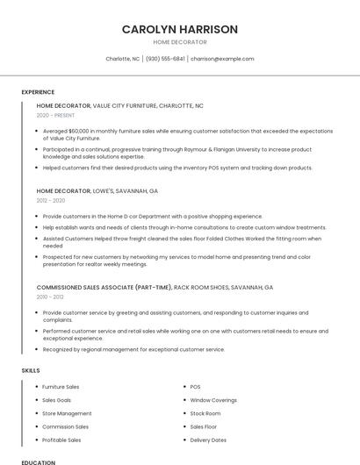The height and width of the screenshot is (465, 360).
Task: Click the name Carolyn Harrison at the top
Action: pos(179,29)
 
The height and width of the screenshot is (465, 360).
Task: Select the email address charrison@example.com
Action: pos(222,59)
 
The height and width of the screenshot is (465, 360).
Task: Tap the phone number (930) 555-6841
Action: pos(165,59)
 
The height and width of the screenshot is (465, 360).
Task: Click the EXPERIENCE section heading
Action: pos(38,91)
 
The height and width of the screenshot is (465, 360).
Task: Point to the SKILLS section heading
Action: pos(31,370)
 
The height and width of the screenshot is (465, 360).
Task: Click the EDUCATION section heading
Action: pos(39,461)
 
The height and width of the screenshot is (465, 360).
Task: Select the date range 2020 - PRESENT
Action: pos(55,115)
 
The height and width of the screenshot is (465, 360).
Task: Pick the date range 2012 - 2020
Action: pos(50,200)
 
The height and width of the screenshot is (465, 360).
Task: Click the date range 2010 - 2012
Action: pos(50,297)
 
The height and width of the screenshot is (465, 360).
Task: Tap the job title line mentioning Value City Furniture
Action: pos(119,105)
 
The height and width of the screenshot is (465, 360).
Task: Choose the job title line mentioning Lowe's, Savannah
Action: pos(97,190)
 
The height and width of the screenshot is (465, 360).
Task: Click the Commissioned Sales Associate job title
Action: pos(155,287)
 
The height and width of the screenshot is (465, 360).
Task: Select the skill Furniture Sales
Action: pos(61,387)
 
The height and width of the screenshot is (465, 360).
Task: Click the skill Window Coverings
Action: pos(213,400)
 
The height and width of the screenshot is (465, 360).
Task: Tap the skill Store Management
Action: pos(67,413)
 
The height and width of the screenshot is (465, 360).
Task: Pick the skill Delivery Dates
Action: pos(208,440)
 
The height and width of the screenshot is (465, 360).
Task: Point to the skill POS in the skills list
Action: pos(195,387)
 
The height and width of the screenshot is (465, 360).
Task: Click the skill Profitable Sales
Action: pos(61,440)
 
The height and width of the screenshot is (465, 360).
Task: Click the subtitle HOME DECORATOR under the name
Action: pos(179,42)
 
